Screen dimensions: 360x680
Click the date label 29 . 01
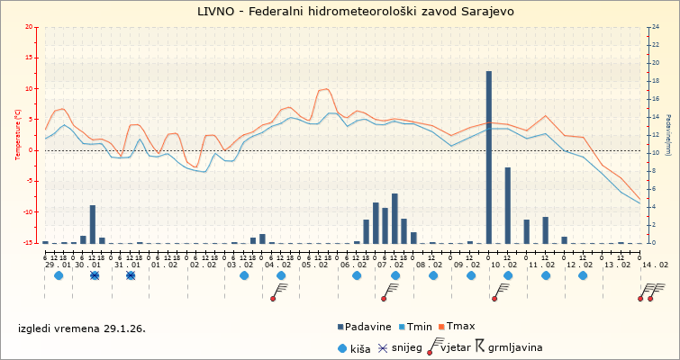(59, 265)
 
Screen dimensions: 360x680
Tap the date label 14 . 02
(656, 265)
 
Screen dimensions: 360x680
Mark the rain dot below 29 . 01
(59, 275)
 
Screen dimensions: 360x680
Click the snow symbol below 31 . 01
(131, 275)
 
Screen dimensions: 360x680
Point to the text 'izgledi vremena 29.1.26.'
(82, 328)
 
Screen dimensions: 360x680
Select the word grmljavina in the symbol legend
(514, 346)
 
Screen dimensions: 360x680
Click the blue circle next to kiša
(342, 346)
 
